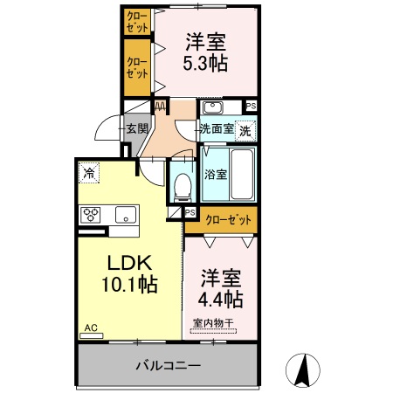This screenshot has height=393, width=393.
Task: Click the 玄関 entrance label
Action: point(138,129)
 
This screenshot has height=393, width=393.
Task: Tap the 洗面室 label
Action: point(216,129)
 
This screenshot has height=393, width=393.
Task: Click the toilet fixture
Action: point(183,185)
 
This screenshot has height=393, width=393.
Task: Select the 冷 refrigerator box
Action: point(88,173)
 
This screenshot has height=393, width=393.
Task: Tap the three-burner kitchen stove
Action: point(93,213)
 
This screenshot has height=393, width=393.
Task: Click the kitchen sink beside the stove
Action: point(125,213)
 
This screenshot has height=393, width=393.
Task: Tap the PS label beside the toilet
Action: point(190,212)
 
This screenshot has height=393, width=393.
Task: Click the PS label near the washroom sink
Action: point(252,107)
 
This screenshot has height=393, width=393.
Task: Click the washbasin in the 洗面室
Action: point(214,107)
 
